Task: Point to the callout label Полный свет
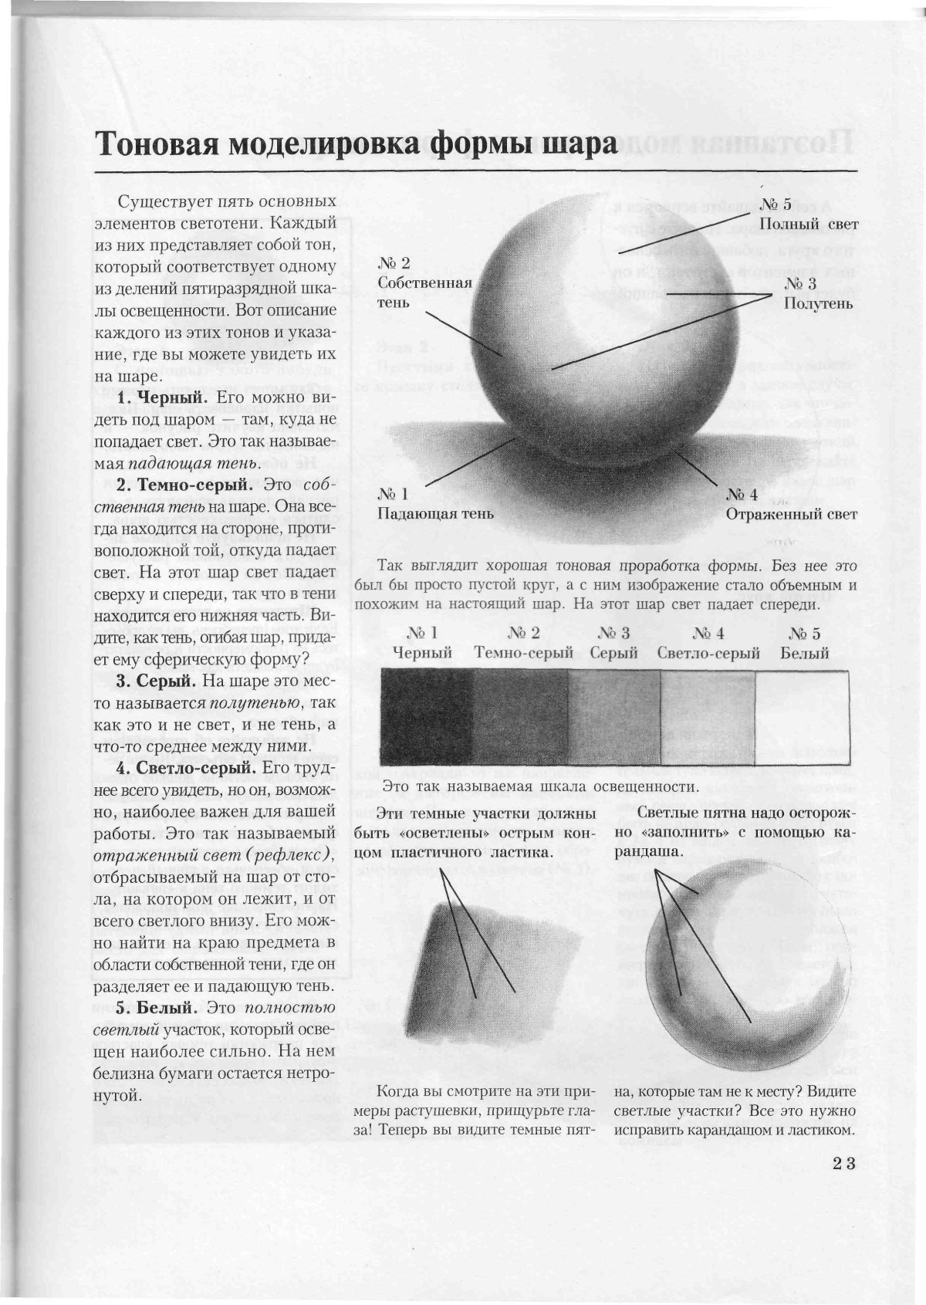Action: pos(809,224)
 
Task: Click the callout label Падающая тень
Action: pos(435,513)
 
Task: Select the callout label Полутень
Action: pos(818,303)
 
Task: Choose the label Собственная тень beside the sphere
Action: pos(424,292)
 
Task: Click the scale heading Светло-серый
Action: pos(708,653)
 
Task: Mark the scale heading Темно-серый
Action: pos(523,653)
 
